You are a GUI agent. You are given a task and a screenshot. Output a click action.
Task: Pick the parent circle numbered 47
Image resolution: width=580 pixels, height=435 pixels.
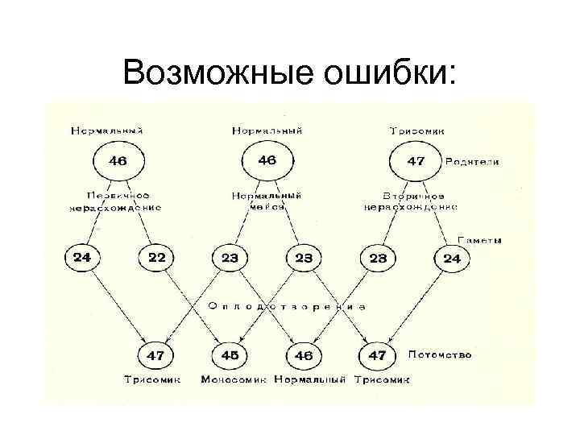coord(416,160)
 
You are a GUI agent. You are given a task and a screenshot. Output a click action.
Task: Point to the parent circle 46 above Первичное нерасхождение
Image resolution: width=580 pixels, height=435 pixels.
coord(118,160)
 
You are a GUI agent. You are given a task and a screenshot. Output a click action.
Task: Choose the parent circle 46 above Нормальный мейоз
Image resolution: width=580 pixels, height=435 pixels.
coord(266,160)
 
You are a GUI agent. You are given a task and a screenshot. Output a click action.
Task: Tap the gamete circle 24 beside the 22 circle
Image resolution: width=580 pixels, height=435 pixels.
coord(82,258)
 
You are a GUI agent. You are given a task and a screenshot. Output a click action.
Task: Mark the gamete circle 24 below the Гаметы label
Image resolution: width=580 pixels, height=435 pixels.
coord(452,259)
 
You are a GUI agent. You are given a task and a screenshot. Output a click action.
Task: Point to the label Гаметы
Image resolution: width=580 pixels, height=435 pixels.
coord(480,239)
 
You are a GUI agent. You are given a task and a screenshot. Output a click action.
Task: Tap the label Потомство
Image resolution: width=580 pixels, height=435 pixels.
coord(440,354)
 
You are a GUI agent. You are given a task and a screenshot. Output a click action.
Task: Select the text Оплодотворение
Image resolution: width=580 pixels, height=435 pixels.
coord(288,306)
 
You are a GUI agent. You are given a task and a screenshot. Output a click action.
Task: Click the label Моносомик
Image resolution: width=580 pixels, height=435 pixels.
coord(234,379)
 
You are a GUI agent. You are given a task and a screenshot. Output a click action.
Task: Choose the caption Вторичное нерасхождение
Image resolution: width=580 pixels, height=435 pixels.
coord(411,201)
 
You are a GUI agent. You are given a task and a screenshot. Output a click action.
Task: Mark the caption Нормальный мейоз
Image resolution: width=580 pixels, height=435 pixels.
coord(267,201)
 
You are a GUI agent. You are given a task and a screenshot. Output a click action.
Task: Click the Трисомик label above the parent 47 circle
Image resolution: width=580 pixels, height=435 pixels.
coord(416,130)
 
